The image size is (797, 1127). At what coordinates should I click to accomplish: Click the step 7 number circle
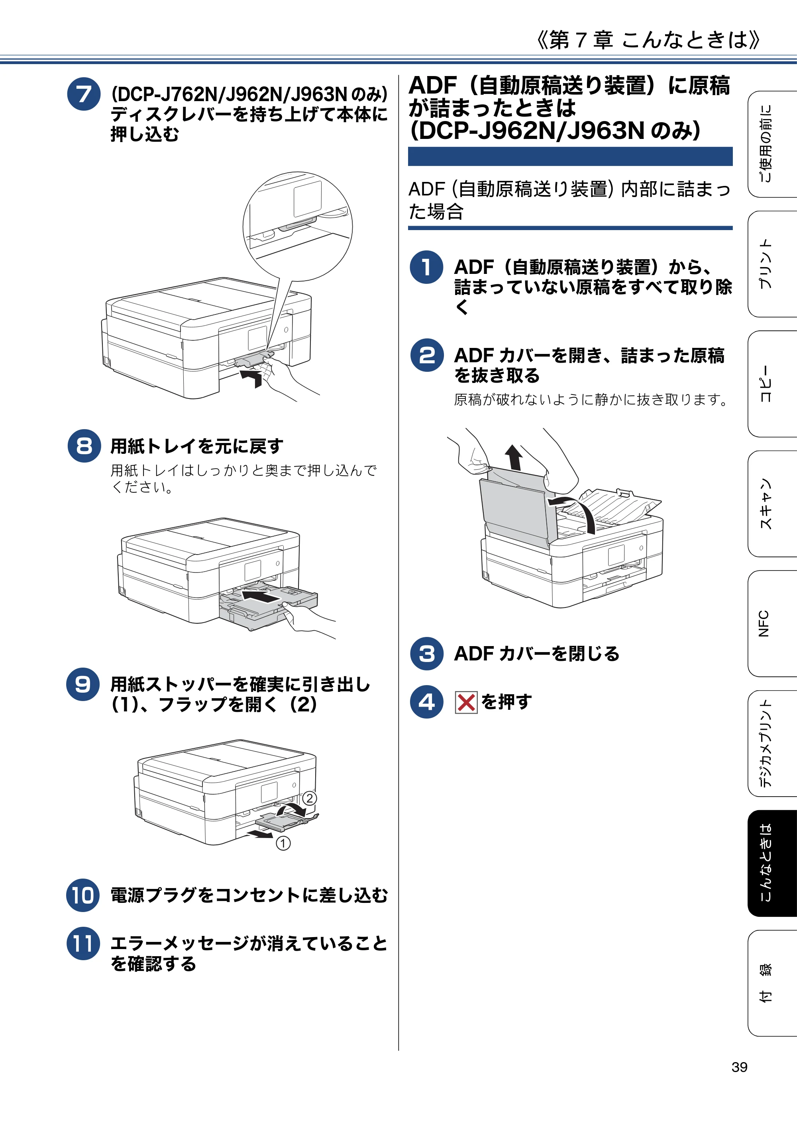(84, 94)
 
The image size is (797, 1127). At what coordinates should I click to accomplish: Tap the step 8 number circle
(84, 446)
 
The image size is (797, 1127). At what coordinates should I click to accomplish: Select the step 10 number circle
(83, 895)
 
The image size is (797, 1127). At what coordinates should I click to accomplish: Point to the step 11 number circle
(83, 943)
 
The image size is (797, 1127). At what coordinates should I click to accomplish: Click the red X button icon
(466, 702)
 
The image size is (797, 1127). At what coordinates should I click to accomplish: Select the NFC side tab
(771, 623)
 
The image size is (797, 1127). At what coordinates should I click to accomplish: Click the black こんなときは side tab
(772, 863)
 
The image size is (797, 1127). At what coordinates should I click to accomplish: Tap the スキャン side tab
(771, 504)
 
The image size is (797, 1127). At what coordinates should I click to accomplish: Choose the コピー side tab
(771, 384)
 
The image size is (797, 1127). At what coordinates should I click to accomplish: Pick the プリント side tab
(771, 264)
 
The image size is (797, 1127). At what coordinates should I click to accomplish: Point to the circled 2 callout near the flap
(309, 798)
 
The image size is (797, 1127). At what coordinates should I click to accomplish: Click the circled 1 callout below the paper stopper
(283, 843)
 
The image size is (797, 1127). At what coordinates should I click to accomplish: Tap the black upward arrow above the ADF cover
(514, 457)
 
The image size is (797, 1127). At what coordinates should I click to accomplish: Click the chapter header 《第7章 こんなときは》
(648, 39)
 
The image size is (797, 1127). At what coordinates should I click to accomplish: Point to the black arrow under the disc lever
(252, 378)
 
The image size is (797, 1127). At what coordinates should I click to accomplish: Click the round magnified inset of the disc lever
(298, 226)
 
